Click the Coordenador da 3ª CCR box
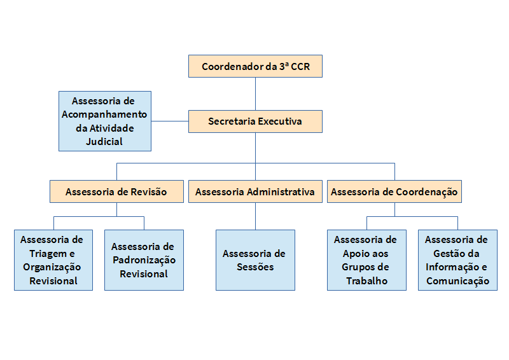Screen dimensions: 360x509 pyautogui.click(x=255, y=66)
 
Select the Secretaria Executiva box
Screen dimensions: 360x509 pyautogui.click(x=255, y=121)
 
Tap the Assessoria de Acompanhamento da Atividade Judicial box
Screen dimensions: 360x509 pyautogui.click(x=104, y=121)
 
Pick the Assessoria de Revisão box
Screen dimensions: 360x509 pyautogui.click(x=116, y=191)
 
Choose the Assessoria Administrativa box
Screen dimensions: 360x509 pyautogui.click(x=255, y=191)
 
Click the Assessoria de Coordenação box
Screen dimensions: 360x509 pyautogui.click(x=394, y=191)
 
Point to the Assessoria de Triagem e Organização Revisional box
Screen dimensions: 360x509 pyautogui.click(x=53, y=260)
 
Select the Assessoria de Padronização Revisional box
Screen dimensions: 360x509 pyautogui.click(x=144, y=260)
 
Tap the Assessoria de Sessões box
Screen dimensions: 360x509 pyautogui.click(x=255, y=260)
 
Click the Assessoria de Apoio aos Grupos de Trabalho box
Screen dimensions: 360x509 pyautogui.click(x=366, y=260)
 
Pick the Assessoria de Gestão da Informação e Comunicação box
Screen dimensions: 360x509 pyautogui.click(x=457, y=260)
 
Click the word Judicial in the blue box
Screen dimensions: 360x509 pyautogui.click(x=104, y=141)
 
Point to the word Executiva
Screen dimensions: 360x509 pyautogui.click(x=281, y=121)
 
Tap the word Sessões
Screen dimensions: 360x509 pyautogui.click(x=255, y=267)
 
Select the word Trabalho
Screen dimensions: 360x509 pyautogui.click(x=366, y=280)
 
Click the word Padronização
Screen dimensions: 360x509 pyautogui.click(x=144, y=260)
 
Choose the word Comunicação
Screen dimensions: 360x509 pyautogui.click(x=457, y=280)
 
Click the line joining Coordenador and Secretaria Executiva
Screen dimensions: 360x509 pyautogui.click(x=255, y=93)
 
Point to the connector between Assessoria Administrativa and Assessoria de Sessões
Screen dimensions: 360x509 pyautogui.click(x=255, y=216)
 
